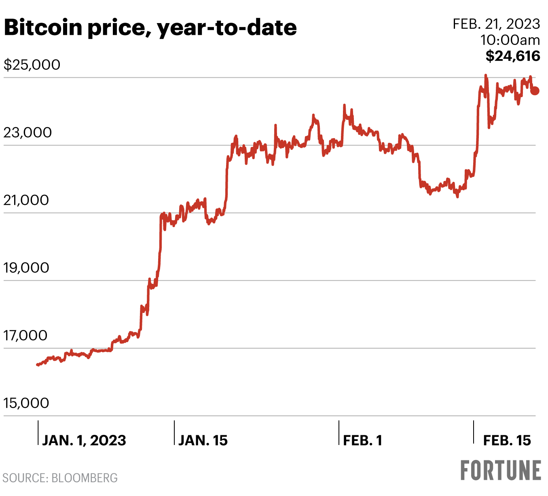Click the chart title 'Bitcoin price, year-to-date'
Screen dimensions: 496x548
point(150,28)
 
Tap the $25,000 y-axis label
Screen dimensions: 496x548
point(32,64)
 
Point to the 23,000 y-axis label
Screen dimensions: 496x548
point(28,132)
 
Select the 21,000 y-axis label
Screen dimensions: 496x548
point(26,200)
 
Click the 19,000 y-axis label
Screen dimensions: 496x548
point(26,268)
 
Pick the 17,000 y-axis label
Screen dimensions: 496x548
point(25,335)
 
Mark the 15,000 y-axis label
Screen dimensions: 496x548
point(26,403)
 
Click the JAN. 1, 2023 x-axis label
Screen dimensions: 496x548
point(84,440)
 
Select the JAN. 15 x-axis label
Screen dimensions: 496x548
point(203,440)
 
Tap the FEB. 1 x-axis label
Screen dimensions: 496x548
point(362,440)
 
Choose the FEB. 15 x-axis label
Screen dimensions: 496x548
point(507,440)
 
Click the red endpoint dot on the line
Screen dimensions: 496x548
point(535,91)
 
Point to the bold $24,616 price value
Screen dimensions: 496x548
point(513,56)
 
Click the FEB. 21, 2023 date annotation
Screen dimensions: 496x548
point(496,24)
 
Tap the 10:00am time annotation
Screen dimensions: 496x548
point(510,40)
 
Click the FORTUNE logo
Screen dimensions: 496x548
point(501,470)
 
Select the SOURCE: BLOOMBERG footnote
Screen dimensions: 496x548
point(60,478)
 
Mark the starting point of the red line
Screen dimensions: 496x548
point(38,364)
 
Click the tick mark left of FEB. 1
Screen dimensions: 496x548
point(339,432)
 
